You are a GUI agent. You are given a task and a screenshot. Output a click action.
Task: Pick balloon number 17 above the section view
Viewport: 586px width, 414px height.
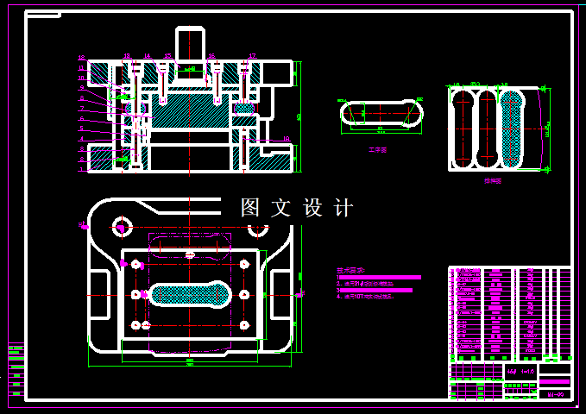(251, 56)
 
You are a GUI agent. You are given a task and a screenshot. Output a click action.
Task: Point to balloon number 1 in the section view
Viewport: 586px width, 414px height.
(81, 170)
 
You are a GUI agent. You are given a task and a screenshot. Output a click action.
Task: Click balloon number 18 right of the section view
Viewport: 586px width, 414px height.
(286, 138)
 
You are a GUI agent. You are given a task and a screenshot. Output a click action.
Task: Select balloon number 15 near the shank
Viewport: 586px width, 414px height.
(168, 56)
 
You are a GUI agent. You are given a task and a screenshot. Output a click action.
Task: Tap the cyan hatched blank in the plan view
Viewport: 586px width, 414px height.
(190, 295)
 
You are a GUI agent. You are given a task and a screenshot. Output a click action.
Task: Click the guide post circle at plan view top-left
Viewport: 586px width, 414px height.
(121, 228)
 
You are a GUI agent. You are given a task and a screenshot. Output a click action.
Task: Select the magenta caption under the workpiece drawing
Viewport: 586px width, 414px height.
(377, 150)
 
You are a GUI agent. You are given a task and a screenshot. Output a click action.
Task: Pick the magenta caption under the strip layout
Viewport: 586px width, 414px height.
(493, 182)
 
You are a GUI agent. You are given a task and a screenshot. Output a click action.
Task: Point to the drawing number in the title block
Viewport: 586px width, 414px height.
(556, 393)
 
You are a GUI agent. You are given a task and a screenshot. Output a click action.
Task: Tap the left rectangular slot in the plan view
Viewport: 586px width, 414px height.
(99, 295)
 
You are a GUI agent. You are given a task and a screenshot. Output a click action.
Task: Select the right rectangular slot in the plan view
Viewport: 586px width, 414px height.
(281, 295)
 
